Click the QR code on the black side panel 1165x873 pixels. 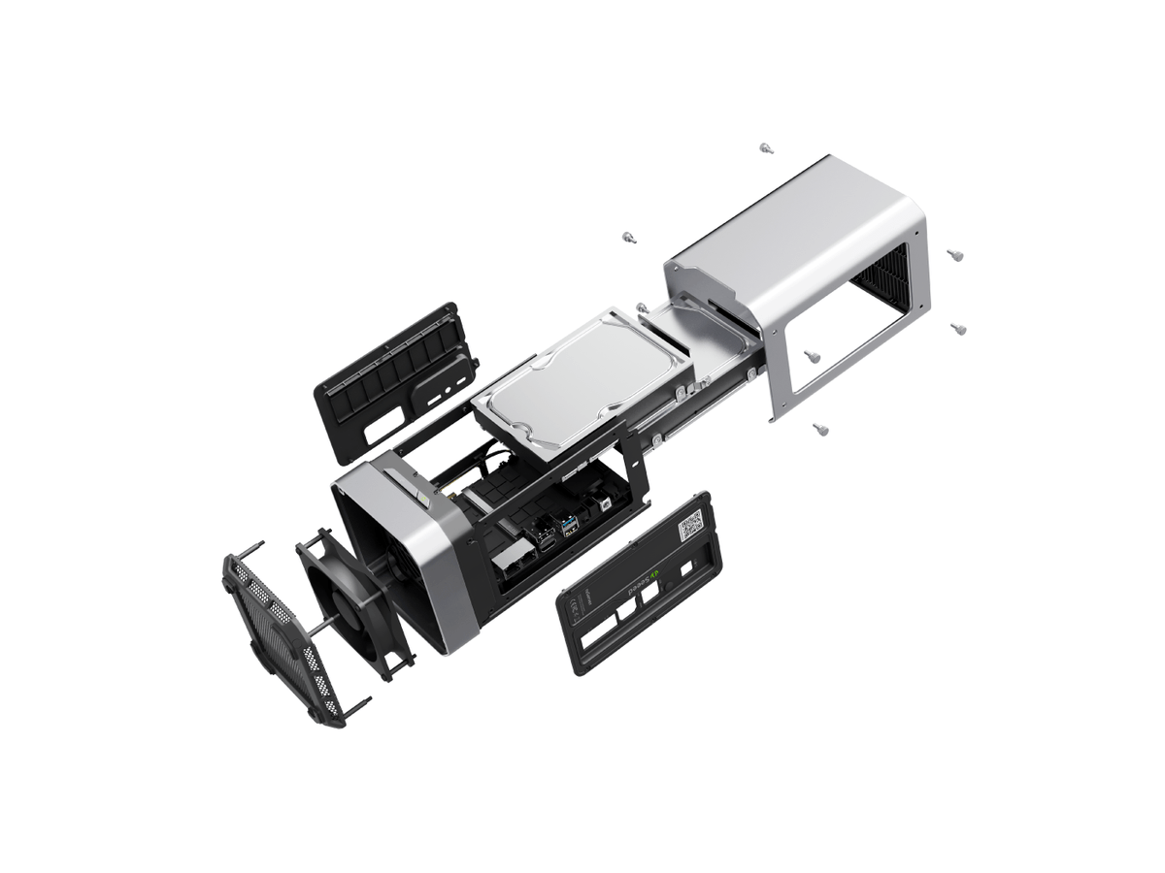[690, 527]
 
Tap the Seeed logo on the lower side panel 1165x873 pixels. [646, 584]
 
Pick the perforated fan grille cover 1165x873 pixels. [282, 630]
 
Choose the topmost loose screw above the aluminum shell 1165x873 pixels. [765, 148]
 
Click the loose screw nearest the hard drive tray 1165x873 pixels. [642, 307]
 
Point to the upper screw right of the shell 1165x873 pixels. [954, 254]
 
